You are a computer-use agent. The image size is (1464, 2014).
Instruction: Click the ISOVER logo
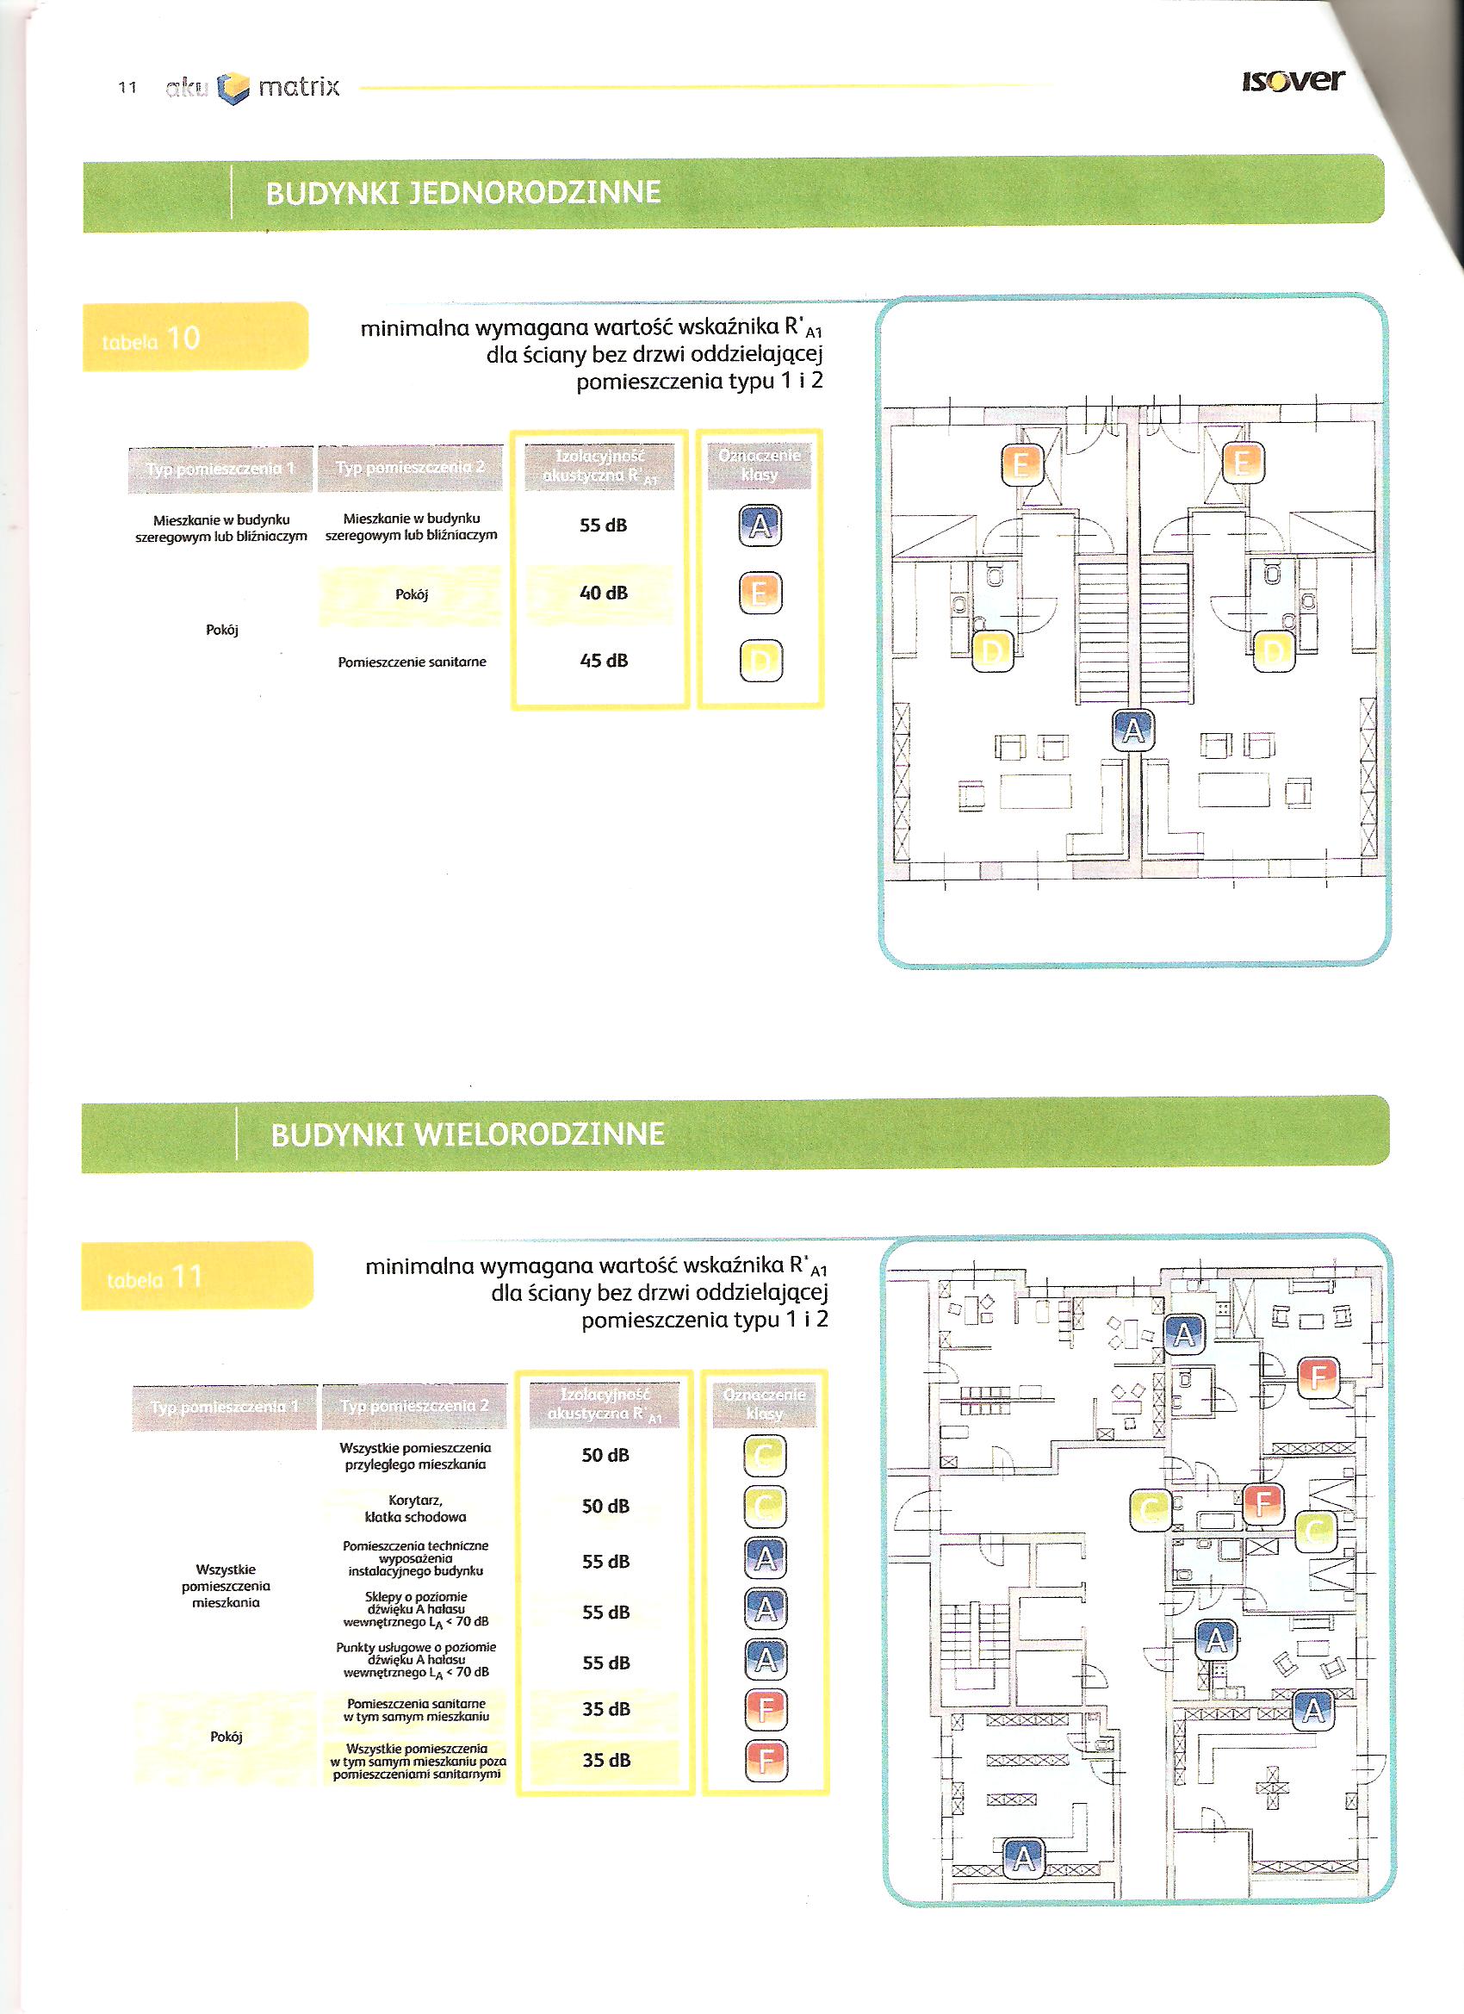[x=1293, y=81]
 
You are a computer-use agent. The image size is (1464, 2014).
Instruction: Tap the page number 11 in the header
[x=127, y=88]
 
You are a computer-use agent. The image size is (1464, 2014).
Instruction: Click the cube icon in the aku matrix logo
[x=233, y=88]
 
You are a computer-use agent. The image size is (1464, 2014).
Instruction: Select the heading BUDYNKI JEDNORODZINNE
[x=462, y=193]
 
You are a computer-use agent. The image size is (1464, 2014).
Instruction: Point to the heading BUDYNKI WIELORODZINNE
[x=467, y=1134]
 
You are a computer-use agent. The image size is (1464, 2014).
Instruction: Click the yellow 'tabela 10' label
[x=195, y=337]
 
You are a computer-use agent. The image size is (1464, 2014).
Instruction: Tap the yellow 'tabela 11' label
[x=196, y=1276]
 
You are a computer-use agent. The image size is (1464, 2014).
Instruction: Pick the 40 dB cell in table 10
[x=603, y=593]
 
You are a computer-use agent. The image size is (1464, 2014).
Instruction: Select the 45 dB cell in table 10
[x=603, y=661]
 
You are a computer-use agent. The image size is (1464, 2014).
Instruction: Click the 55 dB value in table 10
[x=603, y=525]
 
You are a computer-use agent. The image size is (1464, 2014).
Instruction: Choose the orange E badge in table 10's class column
[x=760, y=593]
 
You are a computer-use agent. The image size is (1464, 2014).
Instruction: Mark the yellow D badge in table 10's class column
[x=760, y=661]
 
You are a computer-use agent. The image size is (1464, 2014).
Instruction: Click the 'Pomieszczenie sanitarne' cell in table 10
[x=412, y=662]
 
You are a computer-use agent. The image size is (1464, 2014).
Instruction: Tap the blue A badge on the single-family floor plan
[x=1132, y=730]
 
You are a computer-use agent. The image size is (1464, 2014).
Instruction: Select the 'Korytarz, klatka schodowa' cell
[x=414, y=1507]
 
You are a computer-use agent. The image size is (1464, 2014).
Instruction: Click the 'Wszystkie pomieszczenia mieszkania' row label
[x=226, y=1585]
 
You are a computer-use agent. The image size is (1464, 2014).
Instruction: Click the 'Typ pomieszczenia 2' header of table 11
[x=413, y=1406]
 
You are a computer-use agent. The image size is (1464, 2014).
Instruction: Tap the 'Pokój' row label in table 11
[x=226, y=1736]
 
